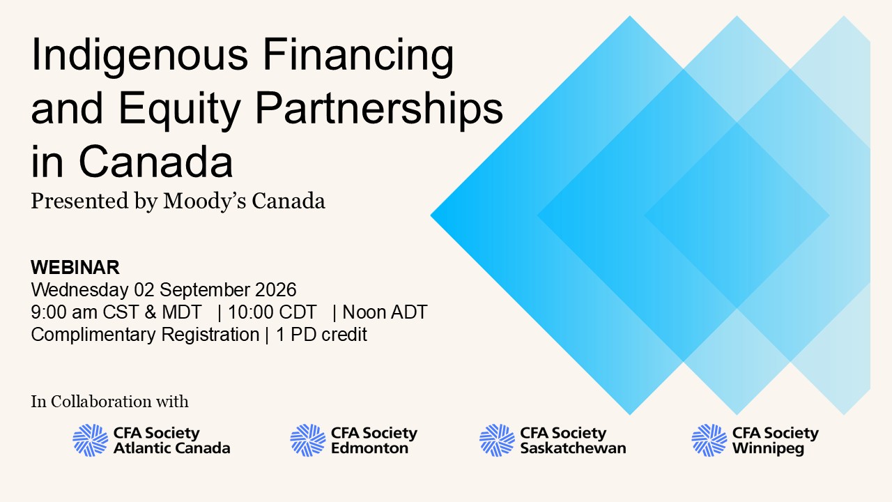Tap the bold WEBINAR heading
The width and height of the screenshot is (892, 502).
coord(75,267)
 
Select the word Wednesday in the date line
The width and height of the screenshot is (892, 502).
coord(79,290)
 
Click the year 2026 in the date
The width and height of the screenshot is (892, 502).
coord(275,289)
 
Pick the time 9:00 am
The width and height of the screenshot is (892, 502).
coord(64,312)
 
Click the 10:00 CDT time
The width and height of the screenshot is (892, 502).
coord(272,312)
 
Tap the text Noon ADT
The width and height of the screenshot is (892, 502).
coord(385,312)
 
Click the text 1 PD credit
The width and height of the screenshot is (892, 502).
coord(321,335)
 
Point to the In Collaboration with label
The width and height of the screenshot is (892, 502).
coord(109,402)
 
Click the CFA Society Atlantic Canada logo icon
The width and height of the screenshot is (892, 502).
coord(91,440)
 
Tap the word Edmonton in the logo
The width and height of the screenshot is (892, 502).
coord(369,448)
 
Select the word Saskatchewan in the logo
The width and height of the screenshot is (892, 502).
coord(573,448)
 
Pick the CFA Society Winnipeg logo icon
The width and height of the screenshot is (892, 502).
coord(709,440)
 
